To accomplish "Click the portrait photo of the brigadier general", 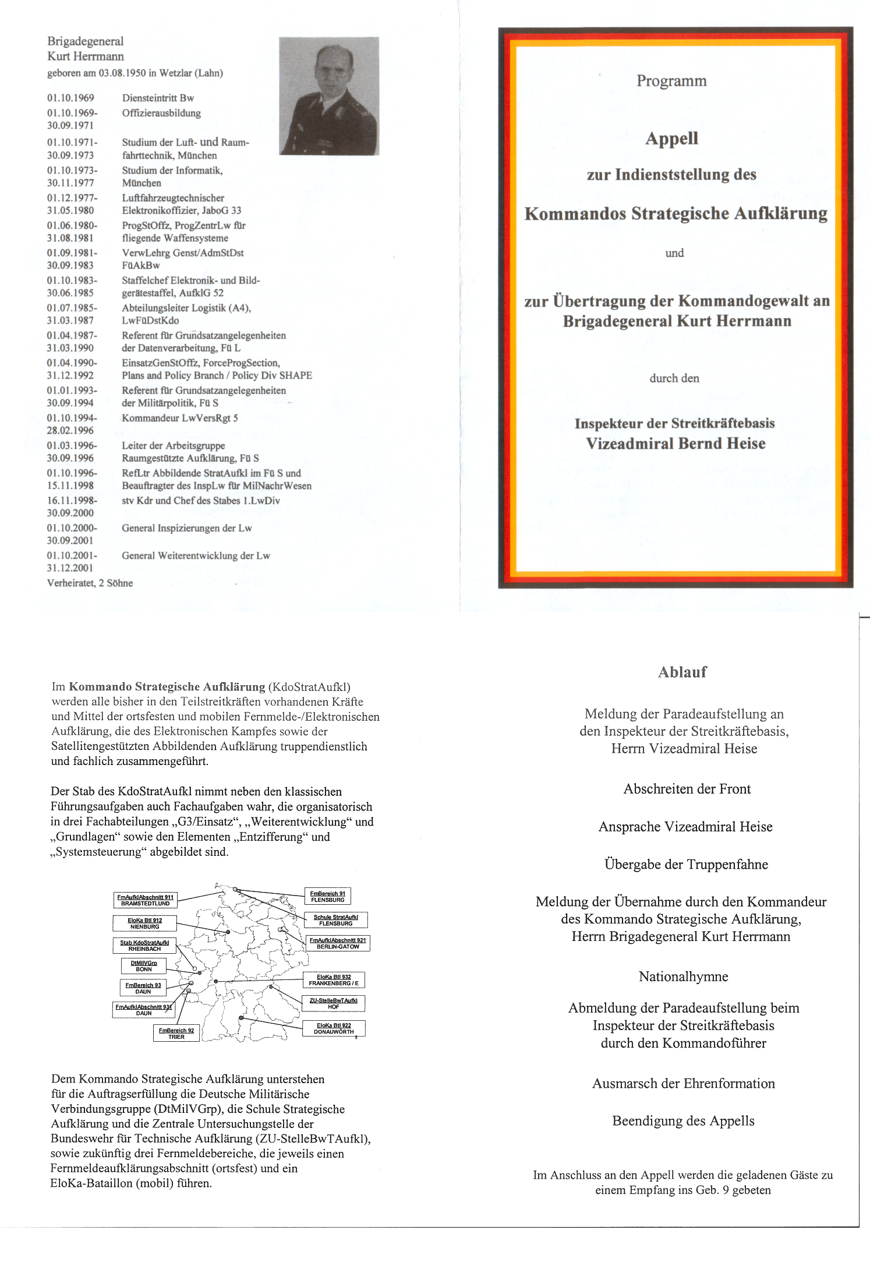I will tap(329, 96).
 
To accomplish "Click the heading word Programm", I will tap(671, 81).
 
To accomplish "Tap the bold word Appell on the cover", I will tap(671, 139).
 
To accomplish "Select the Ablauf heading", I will tap(682, 672).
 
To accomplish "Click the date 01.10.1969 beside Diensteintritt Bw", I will tap(70, 98).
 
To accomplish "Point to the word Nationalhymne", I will tap(683, 977).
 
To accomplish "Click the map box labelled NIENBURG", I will tap(144, 923).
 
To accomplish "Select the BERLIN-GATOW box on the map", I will tap(337, 943).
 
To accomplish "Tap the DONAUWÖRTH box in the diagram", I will tap(334, 1028).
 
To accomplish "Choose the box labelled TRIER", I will tap(176, 1034).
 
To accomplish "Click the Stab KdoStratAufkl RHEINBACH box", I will tap(144, 946).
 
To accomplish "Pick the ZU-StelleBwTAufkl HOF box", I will tap(333, 1003).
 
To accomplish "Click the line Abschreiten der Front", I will tap(687, 789).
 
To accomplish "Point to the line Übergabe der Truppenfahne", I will tap(686, 865).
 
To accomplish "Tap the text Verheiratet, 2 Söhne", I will tap(90, 583).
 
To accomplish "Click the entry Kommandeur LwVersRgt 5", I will tap(179, 418).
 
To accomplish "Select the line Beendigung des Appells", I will tap(683, 1121).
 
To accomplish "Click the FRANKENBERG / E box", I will tap(334, 980).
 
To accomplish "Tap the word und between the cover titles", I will tap(674, 253).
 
